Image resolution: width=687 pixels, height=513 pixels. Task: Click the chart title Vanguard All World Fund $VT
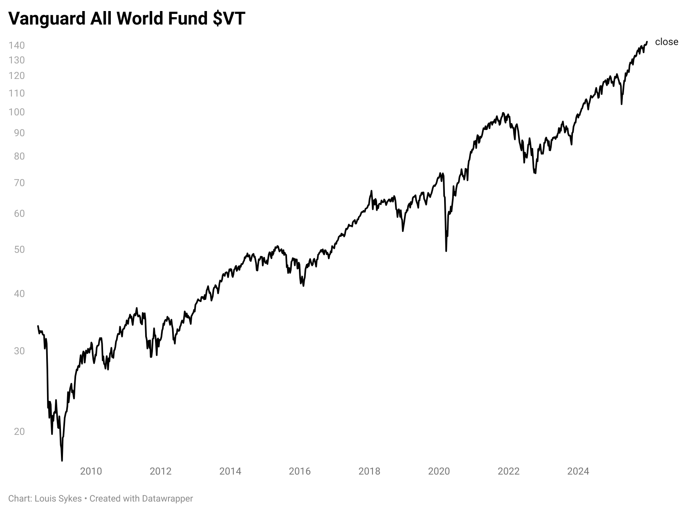[x=127, y=18]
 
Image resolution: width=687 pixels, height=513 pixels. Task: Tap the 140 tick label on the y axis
[x=16, y=45]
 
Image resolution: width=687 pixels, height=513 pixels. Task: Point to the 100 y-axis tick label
[x=16, y=112]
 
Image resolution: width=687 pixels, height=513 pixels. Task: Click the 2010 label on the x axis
[x=91, y=471]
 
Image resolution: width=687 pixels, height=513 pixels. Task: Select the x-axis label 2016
[x=300, y=471]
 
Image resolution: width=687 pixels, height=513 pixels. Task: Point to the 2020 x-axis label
[x=439, y=471]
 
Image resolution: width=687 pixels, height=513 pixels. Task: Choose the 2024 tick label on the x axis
[x=578, y=471]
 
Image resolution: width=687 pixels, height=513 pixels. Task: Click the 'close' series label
[x=667, y=42]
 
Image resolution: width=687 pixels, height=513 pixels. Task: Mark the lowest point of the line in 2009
[x=62, y=461]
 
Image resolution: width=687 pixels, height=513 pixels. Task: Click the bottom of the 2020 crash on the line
[x=446, y=251]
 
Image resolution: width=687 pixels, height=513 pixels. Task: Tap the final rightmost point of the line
[x=647, y=41]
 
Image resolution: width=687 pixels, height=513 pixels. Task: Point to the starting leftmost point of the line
[x=38, y=326]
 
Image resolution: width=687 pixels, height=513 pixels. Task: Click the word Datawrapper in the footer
[x=167, y=499]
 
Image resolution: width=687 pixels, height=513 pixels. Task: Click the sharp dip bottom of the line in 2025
[x=622, y=104]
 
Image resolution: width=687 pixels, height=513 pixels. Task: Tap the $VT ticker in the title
[x=229, y=18]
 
